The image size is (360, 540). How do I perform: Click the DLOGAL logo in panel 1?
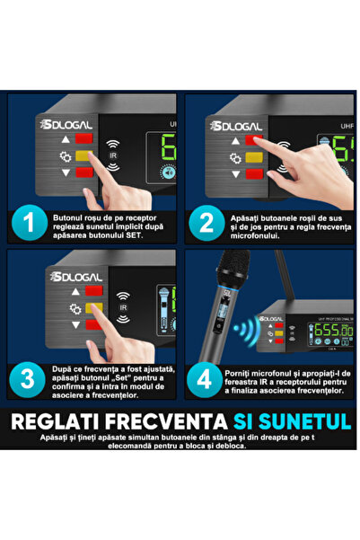pos(60,126)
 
